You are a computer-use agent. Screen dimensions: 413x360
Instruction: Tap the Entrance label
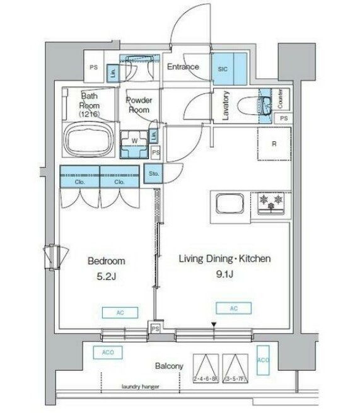183,67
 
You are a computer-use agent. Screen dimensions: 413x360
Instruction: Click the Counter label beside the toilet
280,98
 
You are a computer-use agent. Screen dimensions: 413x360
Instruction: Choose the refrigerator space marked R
274,144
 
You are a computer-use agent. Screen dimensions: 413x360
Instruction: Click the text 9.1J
224,273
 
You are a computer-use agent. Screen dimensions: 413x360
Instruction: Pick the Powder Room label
138,105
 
